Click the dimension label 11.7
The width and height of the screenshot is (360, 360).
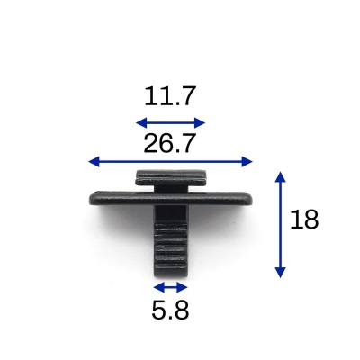[x=170, y=96]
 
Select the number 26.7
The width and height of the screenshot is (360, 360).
[x=170, y=143]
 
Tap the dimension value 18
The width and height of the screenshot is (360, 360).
[x=304, y=220]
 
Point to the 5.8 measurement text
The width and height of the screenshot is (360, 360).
[x=170, y=310]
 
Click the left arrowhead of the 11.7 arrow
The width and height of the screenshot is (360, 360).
[x=141, y=122]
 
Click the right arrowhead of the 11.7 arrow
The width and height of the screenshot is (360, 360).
[x=200, y=122]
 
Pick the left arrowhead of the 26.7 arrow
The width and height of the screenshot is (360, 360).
[x=94, y=162]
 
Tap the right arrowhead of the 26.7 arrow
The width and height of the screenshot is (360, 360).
[x=247, y=162]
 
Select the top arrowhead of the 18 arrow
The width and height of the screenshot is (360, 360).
[x=280, y=177]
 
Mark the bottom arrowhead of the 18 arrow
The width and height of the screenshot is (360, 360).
[x=280, y=273]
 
